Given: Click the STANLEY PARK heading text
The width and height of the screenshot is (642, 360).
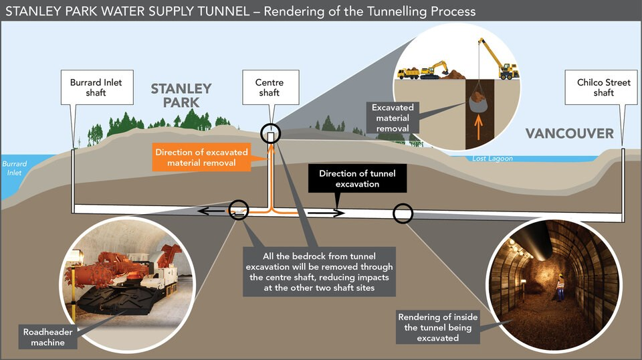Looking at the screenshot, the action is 181,96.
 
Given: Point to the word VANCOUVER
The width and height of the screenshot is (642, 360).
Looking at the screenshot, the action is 570,134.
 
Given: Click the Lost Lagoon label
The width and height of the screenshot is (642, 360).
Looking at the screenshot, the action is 492,159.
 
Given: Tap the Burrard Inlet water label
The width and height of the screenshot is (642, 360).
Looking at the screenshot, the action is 14,169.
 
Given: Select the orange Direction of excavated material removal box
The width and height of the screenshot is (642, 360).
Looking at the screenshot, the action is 201,157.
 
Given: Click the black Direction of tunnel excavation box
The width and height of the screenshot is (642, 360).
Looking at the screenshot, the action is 357,179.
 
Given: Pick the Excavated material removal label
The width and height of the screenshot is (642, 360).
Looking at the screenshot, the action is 393,118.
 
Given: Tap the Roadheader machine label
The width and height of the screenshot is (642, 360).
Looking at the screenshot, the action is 48,337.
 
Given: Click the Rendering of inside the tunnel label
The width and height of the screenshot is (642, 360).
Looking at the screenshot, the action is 437,327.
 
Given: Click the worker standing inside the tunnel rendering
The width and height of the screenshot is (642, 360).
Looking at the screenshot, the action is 560,288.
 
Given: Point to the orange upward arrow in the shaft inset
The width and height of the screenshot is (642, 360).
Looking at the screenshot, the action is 478,128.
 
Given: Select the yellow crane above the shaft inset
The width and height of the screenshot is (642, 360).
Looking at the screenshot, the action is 499,59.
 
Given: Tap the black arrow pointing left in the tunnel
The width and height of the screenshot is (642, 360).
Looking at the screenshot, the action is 213,211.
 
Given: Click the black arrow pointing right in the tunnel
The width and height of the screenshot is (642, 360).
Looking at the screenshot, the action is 326,213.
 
